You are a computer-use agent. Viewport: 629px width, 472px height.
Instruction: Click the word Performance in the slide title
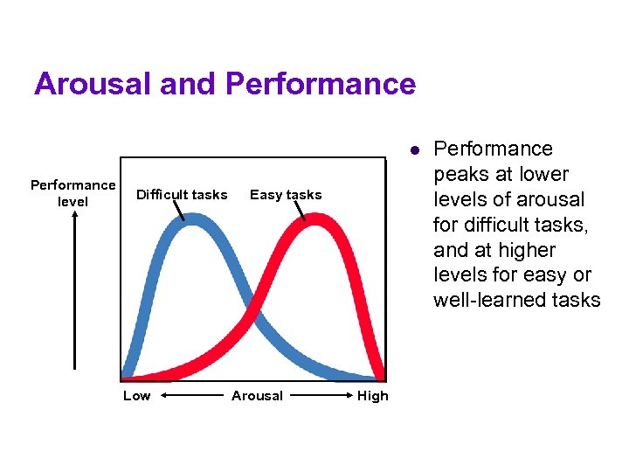320,84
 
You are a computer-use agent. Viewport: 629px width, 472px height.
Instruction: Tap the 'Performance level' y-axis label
73,193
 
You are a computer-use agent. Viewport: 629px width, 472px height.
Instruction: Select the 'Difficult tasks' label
182,195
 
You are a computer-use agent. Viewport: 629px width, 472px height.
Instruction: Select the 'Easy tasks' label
286,195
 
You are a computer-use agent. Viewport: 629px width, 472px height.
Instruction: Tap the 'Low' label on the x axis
136,396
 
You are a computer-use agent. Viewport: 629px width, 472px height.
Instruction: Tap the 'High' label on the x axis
372,396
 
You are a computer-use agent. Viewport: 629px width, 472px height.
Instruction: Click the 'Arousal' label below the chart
257,396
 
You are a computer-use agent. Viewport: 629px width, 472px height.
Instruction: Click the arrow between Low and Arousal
190,396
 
